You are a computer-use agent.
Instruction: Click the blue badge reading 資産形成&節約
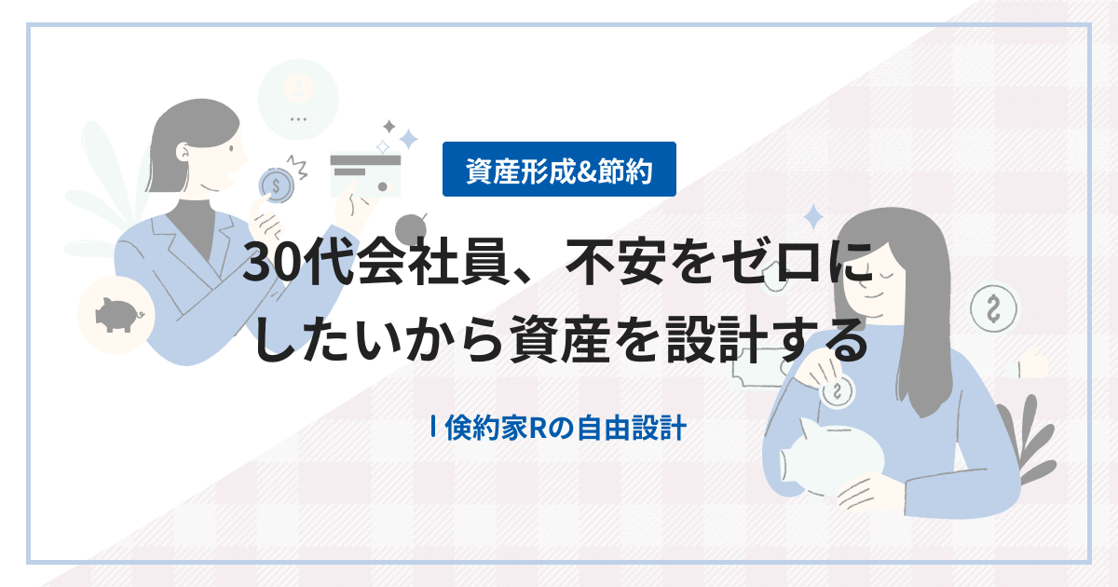[x=559, y=171]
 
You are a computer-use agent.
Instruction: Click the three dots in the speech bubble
[x=298, y=119]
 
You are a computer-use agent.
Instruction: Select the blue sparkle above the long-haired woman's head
[x=813, y=217]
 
